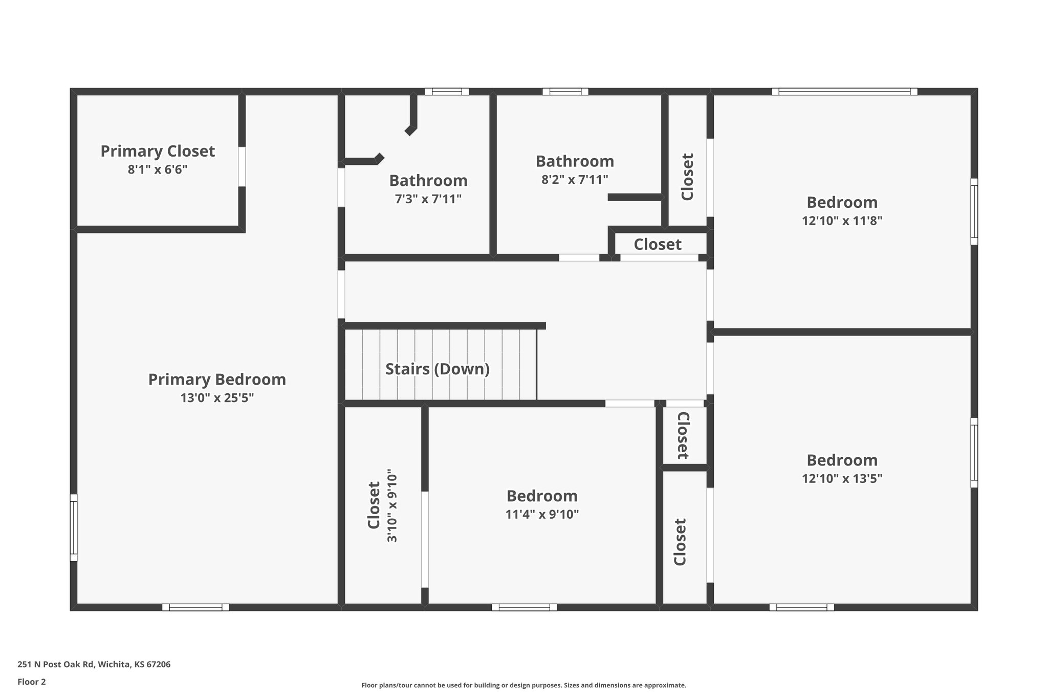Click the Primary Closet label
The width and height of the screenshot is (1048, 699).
[x=158, y=151]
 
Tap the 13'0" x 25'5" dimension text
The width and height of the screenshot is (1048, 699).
[x=217, y=398]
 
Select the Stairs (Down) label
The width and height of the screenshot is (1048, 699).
[x=438, y=369]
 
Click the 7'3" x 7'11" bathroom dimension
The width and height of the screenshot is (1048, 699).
[x=428, y=199]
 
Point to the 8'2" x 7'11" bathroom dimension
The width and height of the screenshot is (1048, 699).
[x=575, y=180]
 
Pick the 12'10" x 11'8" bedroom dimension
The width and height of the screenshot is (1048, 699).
[x=842, y=221]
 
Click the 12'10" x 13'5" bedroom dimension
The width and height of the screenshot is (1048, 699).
[x=842, y=478]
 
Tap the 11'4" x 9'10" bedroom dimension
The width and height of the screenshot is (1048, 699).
[x=542, y=514]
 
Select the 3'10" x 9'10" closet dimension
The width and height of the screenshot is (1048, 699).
[x=392, y=505]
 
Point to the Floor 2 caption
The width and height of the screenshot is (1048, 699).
[x=32, y=682]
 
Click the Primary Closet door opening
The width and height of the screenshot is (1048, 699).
[x=242, y=166]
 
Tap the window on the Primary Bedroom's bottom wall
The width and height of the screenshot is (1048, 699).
[x=195, y=607]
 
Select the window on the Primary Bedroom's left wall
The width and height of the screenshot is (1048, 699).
[x=74, y=527]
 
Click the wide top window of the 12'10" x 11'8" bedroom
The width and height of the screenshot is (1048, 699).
[x=844, y=92]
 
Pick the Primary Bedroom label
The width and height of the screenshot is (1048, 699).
[x=217, y=379]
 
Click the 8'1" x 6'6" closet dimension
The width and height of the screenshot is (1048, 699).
[x=158, y=170]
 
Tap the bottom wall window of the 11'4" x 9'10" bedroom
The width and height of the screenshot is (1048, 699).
[x=524, y=607]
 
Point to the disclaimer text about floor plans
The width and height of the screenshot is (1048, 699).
[x=523, y=685]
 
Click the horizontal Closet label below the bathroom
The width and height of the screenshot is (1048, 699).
[x=658, y=245]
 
